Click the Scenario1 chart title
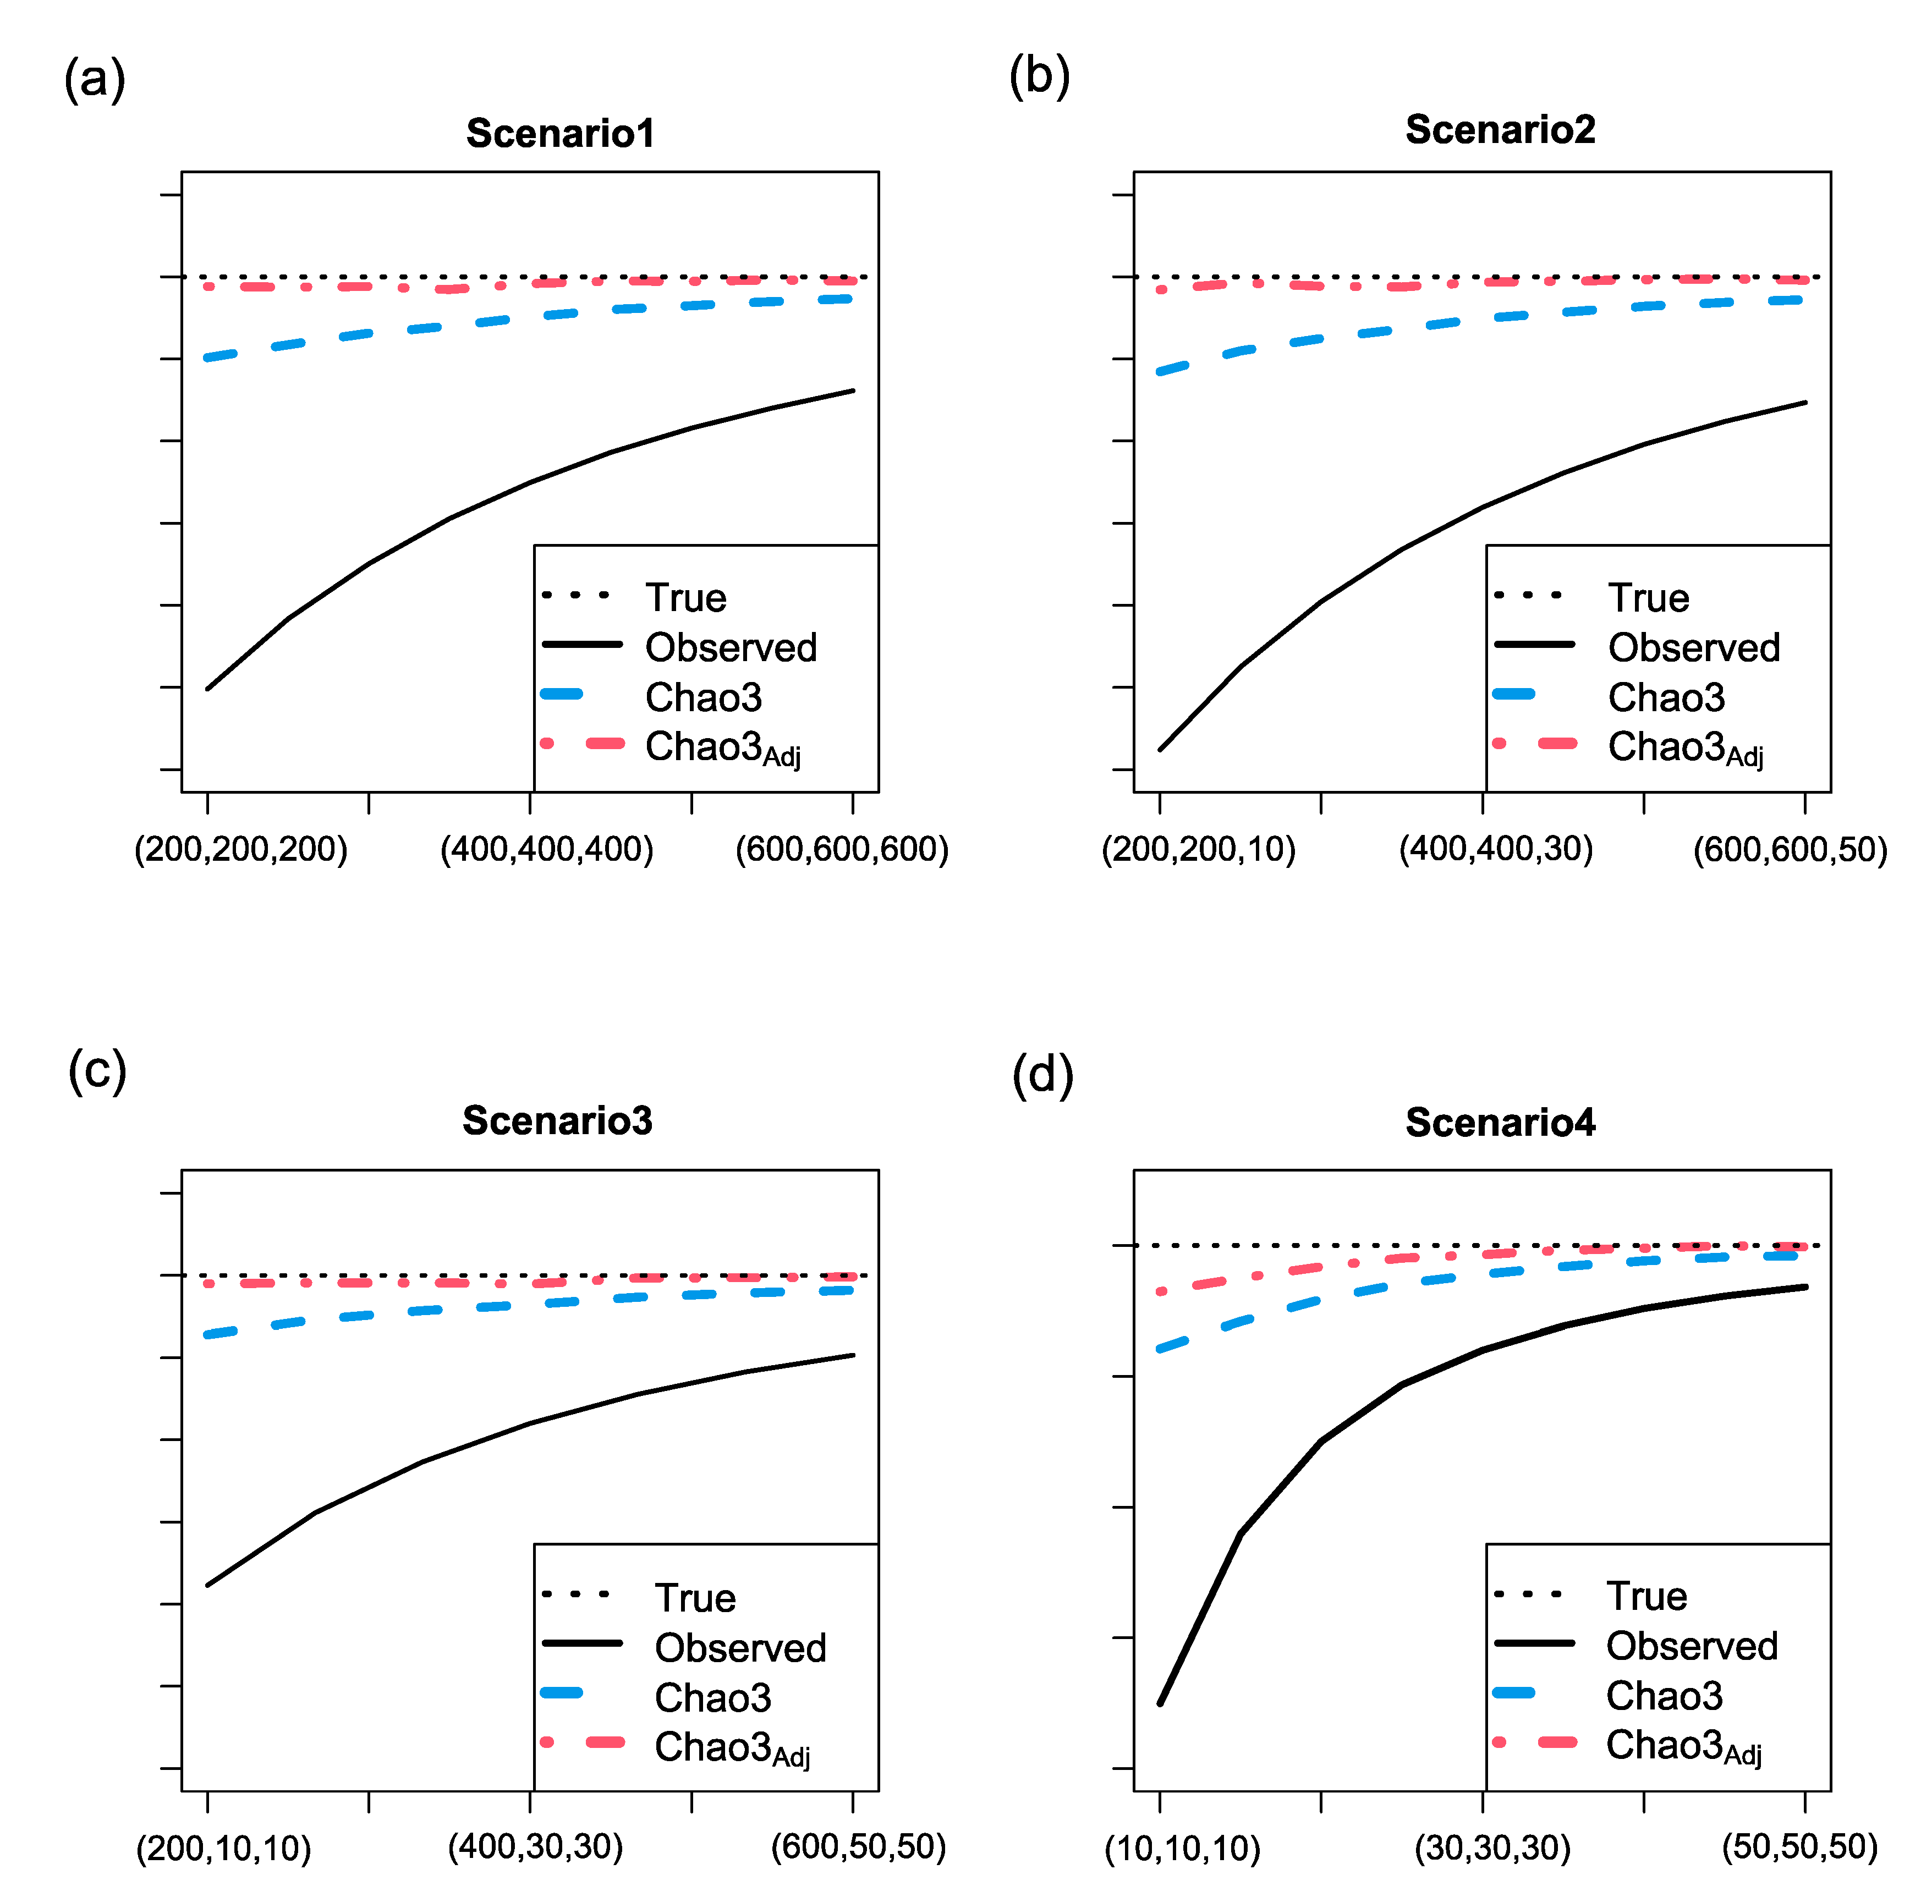(561, 134)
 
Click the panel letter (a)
(95, 78)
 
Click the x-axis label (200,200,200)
(241, 849)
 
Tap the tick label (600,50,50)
(858, 1846)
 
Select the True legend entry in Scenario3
(695, 1598)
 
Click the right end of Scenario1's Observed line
(852, 391)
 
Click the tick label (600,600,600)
(841, 849)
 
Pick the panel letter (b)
(1039, 76)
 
